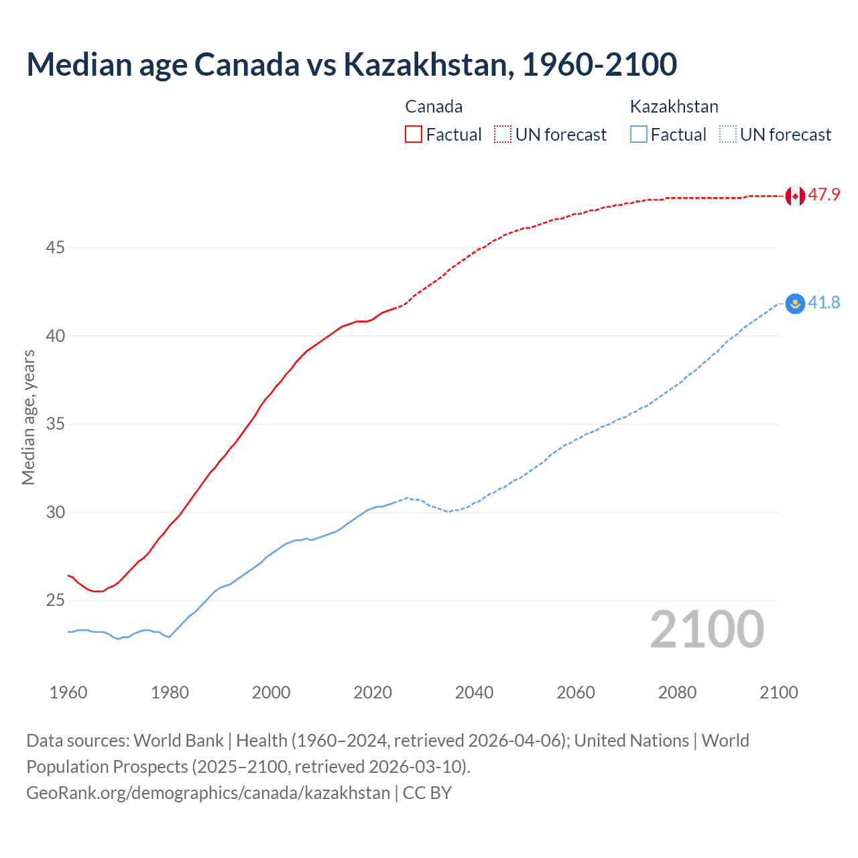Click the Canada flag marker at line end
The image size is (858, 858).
(795, 196)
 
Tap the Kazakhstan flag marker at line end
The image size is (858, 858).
(795, 304)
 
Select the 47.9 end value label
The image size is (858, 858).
(824, 195)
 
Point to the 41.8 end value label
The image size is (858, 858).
(824, 303)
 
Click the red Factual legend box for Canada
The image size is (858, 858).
(414, 134)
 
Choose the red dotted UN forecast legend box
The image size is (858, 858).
(503, 134)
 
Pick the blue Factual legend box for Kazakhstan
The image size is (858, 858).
(639, 134)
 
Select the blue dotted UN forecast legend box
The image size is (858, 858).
(727, 134)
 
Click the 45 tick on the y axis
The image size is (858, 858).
(55, 248)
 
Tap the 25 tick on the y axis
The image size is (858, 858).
(55, 601)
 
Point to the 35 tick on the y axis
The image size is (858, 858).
(55, 424)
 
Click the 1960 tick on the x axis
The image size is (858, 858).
(68, 692)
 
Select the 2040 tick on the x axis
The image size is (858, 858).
(474, 692)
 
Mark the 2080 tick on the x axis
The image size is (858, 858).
(677, 692)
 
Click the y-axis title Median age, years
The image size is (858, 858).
(28, 417)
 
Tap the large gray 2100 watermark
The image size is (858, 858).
(707, 629)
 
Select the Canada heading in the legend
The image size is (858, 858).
(434, 107)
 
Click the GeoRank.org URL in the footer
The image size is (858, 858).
(208, 793)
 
